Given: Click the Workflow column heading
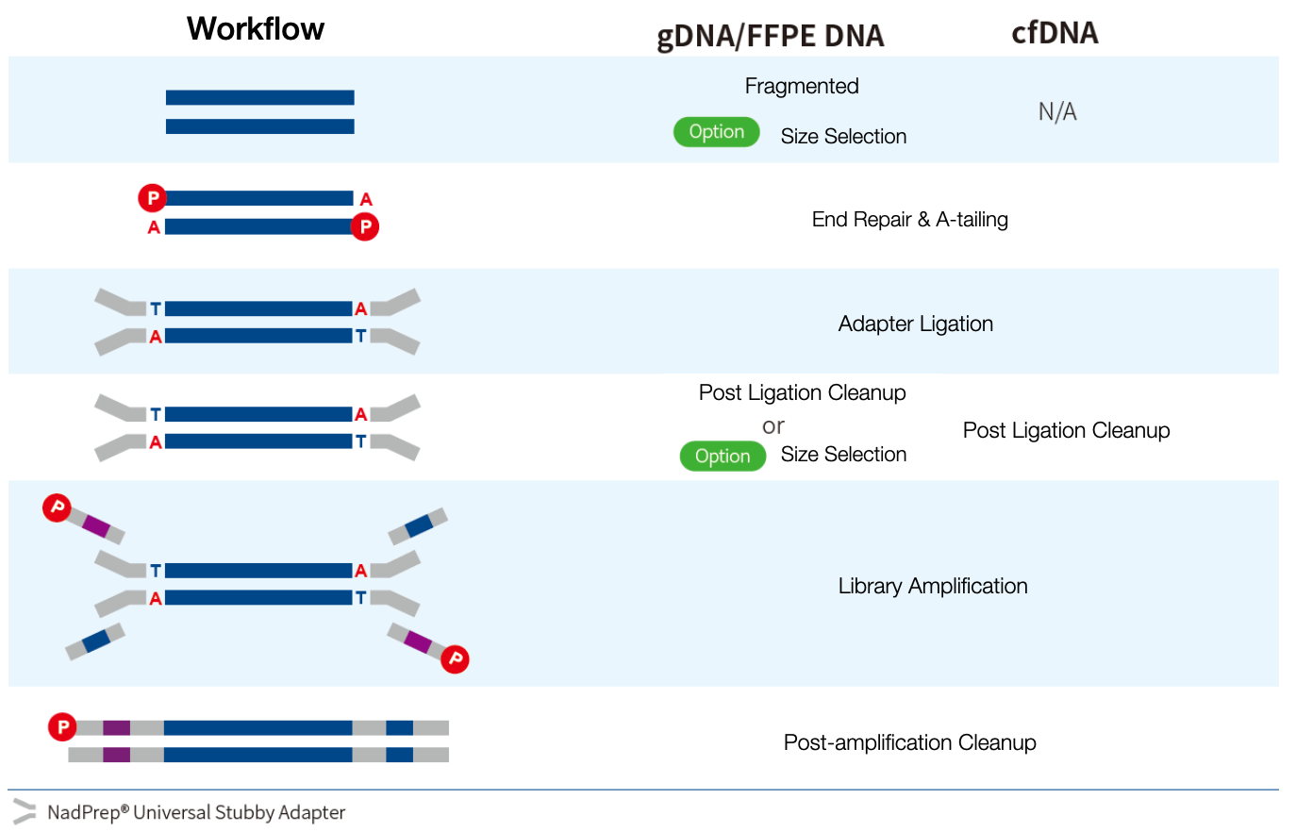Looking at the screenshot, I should (x=255, y=29).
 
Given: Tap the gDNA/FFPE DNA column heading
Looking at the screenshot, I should (x=770, y=36).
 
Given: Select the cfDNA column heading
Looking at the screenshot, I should (x=1055, y=33).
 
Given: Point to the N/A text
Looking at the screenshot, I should (x=1057, y=112).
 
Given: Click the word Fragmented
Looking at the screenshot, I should (x=802, y=87).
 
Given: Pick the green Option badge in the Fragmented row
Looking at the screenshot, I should (x=716, y=132).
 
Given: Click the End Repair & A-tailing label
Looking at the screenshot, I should (x=909, y=220).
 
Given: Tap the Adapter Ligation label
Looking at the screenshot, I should (x=915, y=324).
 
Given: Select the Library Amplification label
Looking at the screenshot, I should (x=932, y=587).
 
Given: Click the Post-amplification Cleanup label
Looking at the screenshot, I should (x=909, y=743).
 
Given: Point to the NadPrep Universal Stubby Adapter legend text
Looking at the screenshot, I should (x=196, y=812).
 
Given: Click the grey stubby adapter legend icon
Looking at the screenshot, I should (x=24, y=811).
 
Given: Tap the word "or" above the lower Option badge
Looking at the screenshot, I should (x=773, y=426).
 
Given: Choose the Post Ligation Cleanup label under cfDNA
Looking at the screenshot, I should (x=1066, y=431).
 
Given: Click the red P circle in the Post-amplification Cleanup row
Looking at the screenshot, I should (x=62, y=727).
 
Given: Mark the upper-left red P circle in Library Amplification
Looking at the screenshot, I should (x=57, y=508).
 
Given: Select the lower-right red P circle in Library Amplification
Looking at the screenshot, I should (x=455, y=658).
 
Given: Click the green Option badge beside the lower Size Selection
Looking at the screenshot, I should (x=723, y=457).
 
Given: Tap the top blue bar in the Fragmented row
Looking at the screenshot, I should (x=259, y=97).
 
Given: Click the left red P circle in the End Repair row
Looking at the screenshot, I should (x=152, y=198).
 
